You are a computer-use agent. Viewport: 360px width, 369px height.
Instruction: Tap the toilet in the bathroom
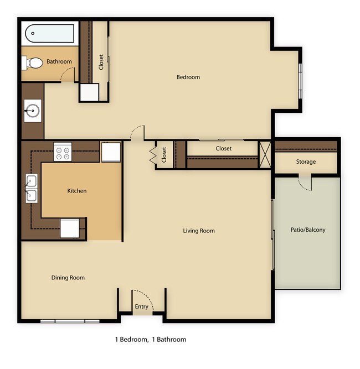click(x=33, y=63)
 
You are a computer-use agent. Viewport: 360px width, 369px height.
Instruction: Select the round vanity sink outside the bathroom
click(x=32, y=111)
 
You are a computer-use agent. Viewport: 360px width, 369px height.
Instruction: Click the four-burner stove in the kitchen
click(x=63, y=152)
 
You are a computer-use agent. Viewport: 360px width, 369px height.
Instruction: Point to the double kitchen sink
click(x=31, y=188)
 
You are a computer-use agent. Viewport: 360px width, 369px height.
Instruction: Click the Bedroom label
click(x=188, y=77)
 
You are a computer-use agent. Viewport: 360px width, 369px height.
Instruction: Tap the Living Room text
click(x=199, y=231)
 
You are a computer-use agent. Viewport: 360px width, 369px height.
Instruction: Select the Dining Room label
click(x=68, y=278)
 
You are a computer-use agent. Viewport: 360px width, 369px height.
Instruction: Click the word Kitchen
click(x=77, y=191)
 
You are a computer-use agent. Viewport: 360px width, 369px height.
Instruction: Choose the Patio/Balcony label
click(x=308, y=230)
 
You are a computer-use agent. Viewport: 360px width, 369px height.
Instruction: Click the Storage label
click(x=306, y=162)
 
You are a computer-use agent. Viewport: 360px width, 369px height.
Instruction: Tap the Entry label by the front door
click(x=142, y=307)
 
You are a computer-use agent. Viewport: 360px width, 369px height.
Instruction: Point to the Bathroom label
click(x=59, y=61)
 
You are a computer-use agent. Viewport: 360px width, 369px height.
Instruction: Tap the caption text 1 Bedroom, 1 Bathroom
click(x=150, y=339)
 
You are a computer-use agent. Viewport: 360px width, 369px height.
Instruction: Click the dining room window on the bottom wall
click(x=69, y=321)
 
